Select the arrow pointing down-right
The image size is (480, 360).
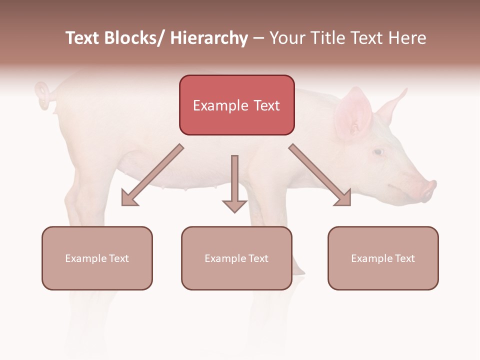click(320, 175)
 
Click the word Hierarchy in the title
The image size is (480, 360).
click(209, 38)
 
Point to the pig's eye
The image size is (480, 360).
click(378, 151)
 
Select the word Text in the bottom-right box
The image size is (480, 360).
click(405, 258)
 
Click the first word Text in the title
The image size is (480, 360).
click(83, 38)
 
